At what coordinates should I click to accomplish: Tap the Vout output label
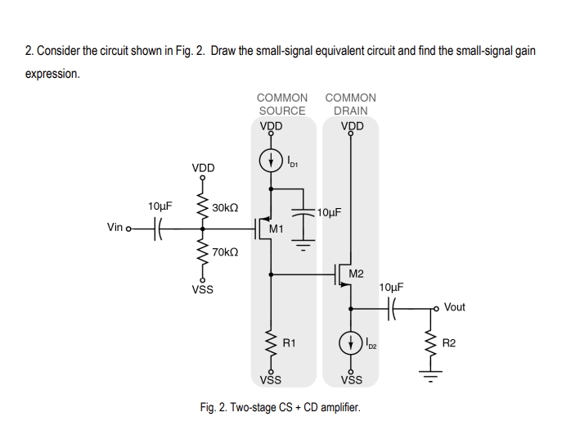(x=454, y=307)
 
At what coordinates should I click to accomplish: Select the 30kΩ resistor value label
(x=225, y=208)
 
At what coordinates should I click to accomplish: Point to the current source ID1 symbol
(x=271, y=161)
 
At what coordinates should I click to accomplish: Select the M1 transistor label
(x=277, y=229)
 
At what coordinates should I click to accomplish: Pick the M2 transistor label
(x=357, y=273)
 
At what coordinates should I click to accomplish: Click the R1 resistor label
(x=289, y=342)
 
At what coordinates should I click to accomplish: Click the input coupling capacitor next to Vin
(x=160, y=227)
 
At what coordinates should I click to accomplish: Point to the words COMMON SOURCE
(x=282, y=104)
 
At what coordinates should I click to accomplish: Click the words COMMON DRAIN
(x=351, y=104)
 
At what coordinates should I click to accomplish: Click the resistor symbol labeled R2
(x=427, y=342)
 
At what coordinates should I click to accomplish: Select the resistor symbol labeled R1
(x=271, y=342)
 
